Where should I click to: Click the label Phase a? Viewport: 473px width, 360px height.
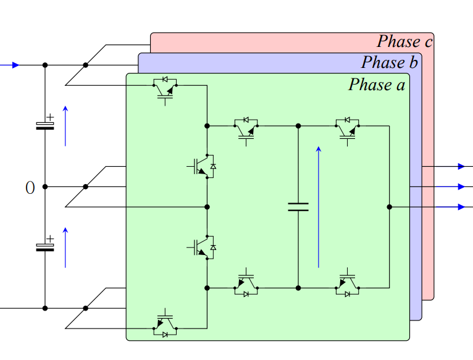pyautogui.click(x=377, y=85)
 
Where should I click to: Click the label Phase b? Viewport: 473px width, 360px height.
pyautogui.click(x=390, y=62)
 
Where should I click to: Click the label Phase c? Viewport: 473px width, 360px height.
pyautogui.click(x=404, y=41)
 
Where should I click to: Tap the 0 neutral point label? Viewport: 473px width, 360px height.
pyautogui.click(x=30, y=188)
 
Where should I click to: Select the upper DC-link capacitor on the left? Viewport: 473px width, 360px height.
pyautogui.click(x=45, y=125)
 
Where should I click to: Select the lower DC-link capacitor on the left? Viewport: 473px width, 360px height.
pyautogui.click(x=45, y=246)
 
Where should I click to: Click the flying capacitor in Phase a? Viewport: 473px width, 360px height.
pyautogui.click(x=298, y=206)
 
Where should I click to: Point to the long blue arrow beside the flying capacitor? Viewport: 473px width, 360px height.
pyautogui.click(x=319, y=207)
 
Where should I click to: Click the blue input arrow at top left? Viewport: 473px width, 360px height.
pyautogui.click(x=14, y=65)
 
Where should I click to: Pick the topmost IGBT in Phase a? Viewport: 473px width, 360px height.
pyautogui.click(x=165, y=88)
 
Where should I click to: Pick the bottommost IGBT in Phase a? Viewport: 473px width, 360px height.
pyautogui.click(x=165, y=325)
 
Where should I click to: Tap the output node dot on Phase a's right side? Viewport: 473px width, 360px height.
pyautogui.click(x=390, y=207)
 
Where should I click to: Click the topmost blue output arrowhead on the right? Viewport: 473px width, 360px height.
pyautogui.click(x=461, y=166)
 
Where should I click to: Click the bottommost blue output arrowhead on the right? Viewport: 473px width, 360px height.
pyautogui.click(x=461, y=207)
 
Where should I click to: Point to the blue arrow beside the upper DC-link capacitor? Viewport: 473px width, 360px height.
pyautogui.click(x=65, y=126)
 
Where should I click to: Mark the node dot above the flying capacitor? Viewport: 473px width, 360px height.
pyautogui.click(x=298, y=125)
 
